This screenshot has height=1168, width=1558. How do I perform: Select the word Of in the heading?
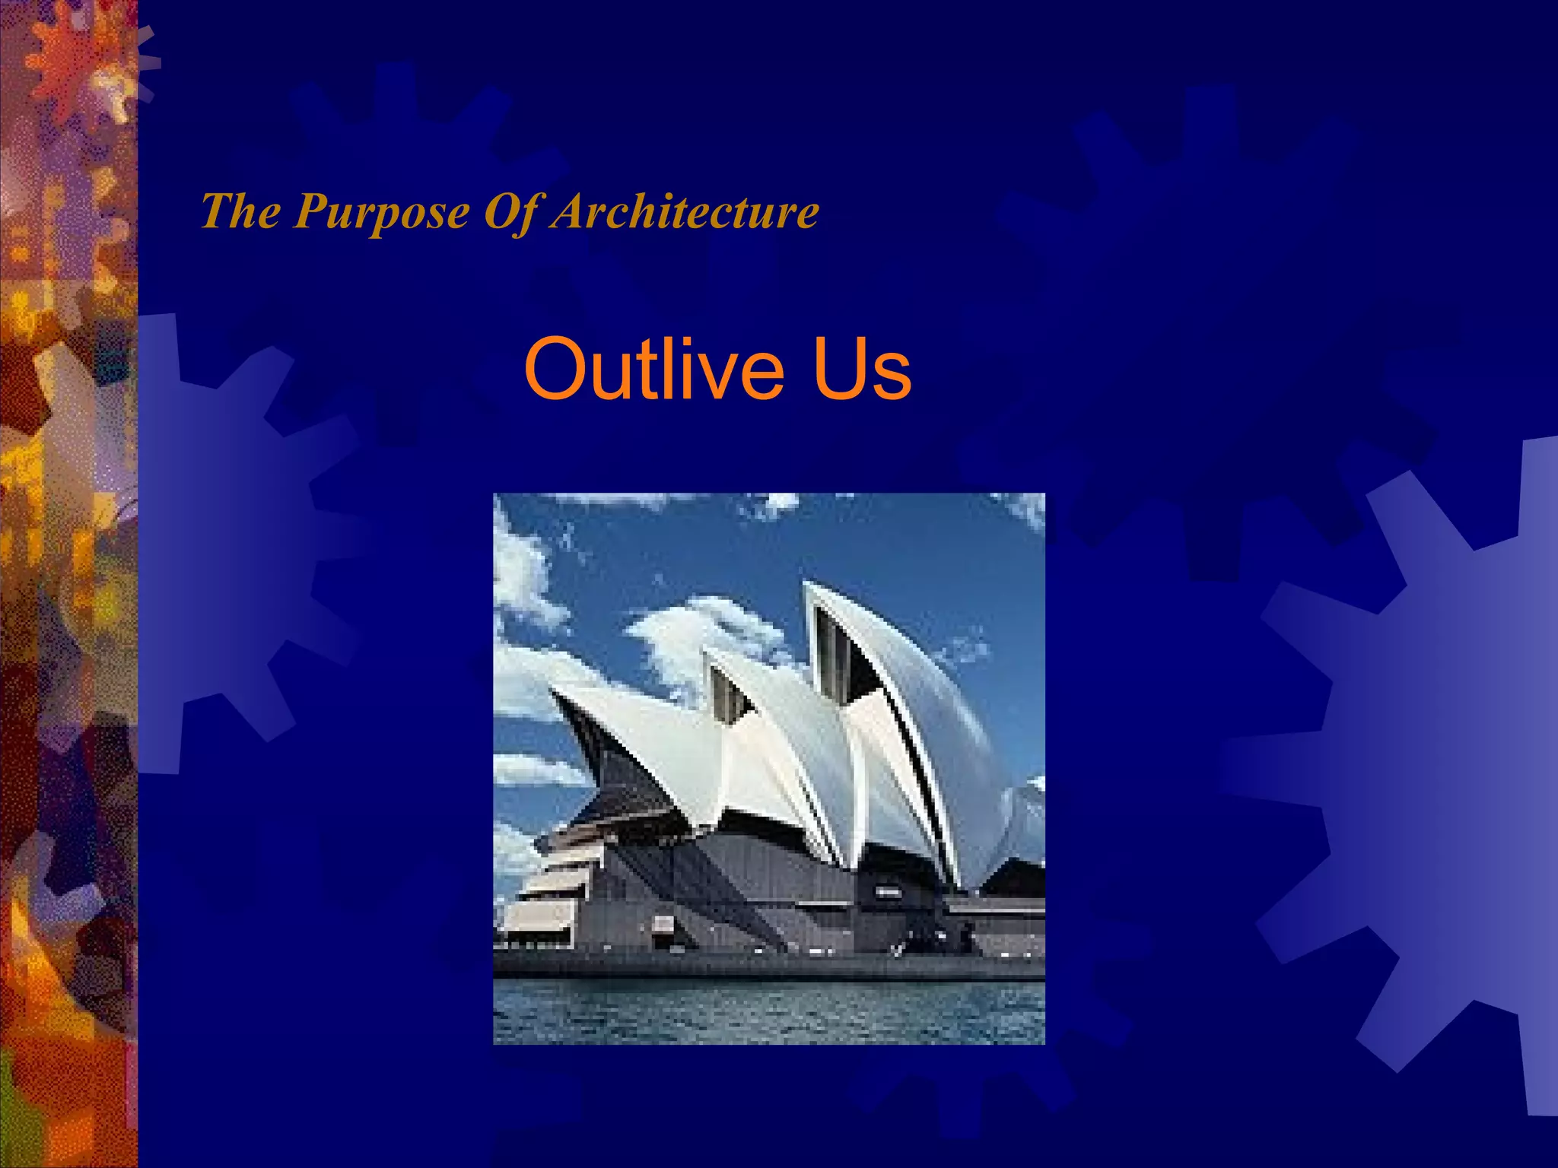coord(512,212)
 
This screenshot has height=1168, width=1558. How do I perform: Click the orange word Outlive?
coord(653,370)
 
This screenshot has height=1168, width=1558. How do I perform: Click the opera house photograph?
coord(768,768)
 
